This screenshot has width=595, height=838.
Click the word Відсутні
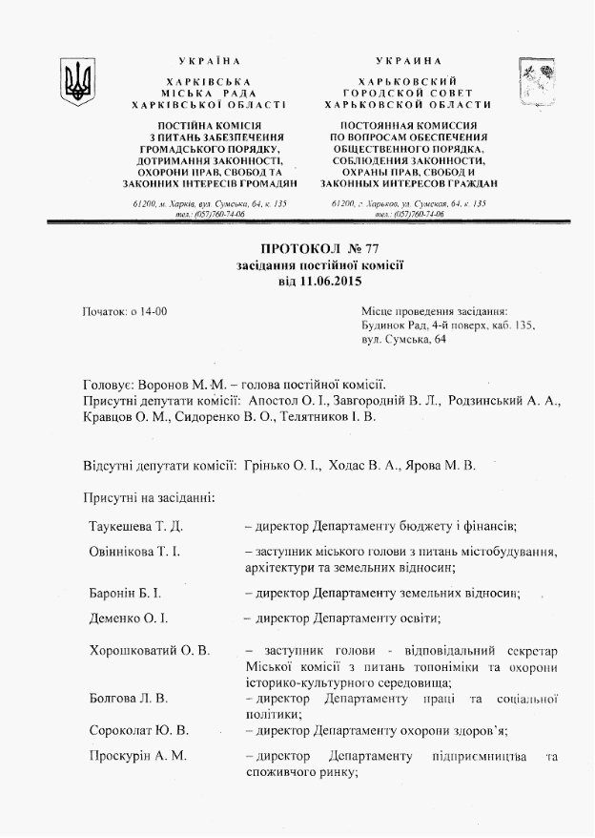coord(112,466)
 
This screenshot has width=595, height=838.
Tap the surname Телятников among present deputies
coord(304,417)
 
